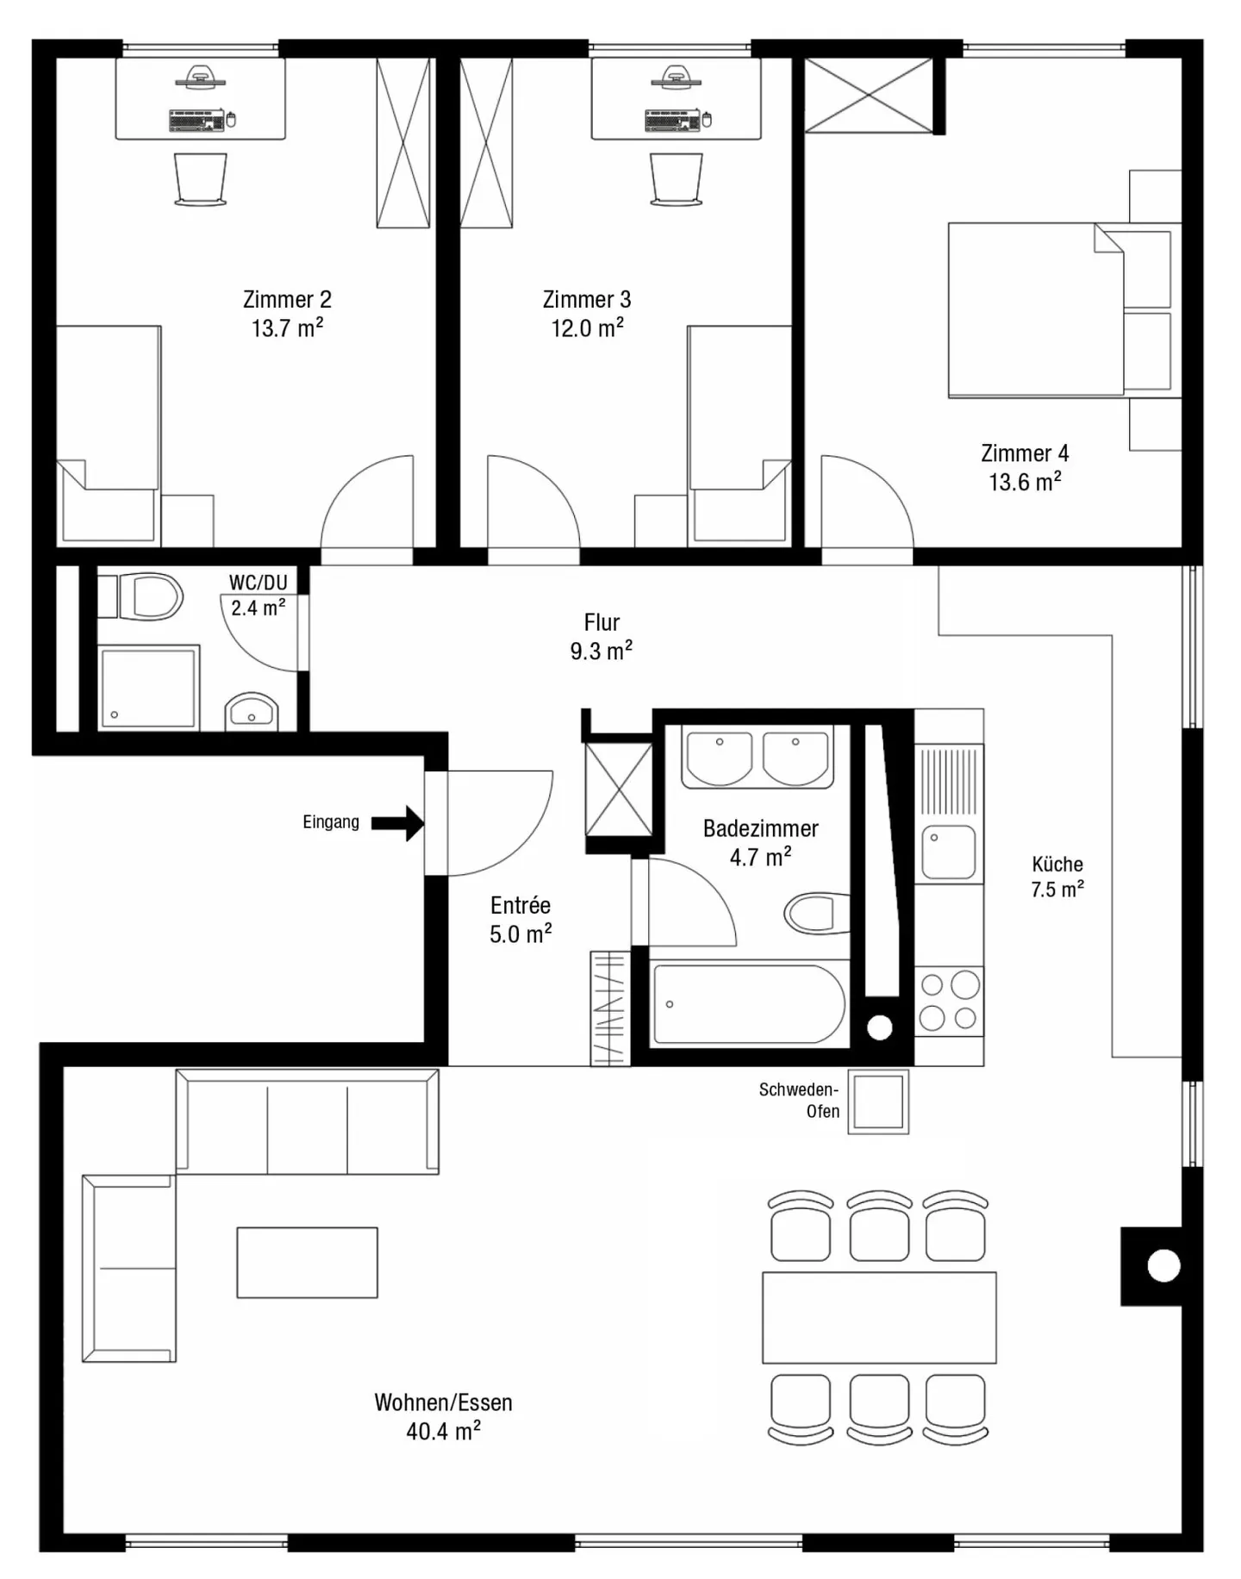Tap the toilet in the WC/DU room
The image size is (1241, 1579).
click(x=151, y=596)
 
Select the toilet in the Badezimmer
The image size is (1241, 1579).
click(x=814, y=914)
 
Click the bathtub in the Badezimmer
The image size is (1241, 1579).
click(x=748, y=1004)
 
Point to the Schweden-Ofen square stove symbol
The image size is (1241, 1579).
click(x=878, y=1102)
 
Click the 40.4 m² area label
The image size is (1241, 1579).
click(x=443, y=1432)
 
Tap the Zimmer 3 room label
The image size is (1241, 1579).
click(x=586, y=300)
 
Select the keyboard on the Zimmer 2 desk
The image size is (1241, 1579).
click(x=197, y=121)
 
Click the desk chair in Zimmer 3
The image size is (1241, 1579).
click(x=677, y=179)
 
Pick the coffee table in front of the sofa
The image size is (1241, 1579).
click(x=307, y=1263)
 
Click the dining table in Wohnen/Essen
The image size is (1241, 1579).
click(x=879, y=1317)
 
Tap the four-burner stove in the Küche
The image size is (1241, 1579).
click(x=949, y=1002)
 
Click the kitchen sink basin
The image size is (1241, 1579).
click(x=949, y=852)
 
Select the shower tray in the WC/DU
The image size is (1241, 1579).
click(x=147, y=689)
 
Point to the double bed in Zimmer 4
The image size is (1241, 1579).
click(x=1034, y=310)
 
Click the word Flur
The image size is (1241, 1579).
click(x=602, y=622)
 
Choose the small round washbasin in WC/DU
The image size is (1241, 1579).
click(x=251, y=712)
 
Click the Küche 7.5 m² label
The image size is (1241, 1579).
click(x=1057, y=877)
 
